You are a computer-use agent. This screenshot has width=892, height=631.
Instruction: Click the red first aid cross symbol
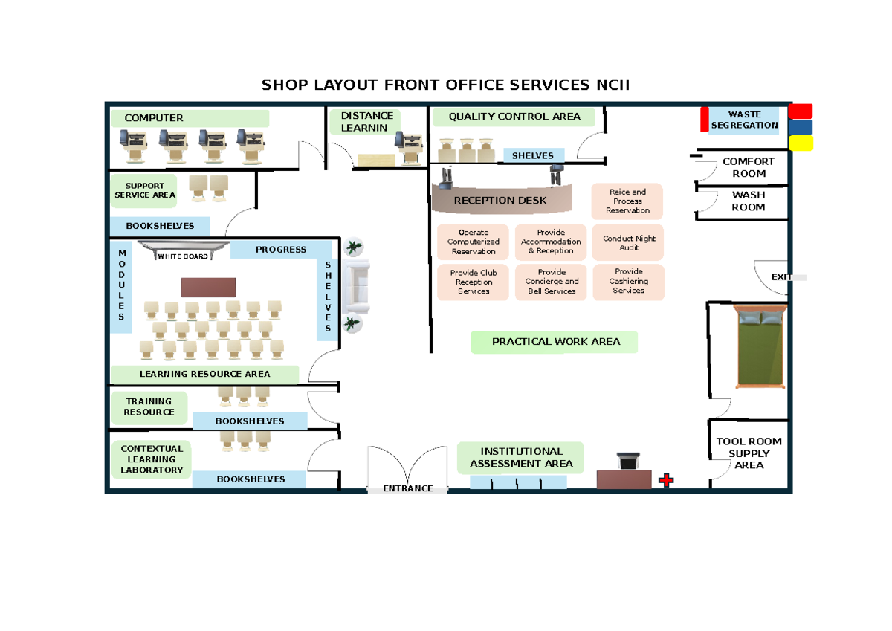[666, 481]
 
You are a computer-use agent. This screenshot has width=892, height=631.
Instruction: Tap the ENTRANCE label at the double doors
[407, 488]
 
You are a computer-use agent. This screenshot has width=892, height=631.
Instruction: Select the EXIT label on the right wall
[781, 277]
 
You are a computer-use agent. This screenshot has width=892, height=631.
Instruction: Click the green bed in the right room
[759, 346]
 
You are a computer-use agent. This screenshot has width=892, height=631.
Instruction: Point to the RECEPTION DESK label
[500, 200]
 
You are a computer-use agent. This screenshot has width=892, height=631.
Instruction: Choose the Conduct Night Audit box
[629, 243]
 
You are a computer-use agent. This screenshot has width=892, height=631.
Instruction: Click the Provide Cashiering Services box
[628, 281]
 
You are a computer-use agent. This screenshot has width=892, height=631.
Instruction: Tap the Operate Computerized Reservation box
[474, 242]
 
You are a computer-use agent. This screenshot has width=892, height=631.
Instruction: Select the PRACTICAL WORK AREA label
[555, 342]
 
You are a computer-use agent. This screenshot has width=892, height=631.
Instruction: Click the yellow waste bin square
[801, 143]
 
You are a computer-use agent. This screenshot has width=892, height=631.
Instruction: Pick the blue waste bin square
[801, 127]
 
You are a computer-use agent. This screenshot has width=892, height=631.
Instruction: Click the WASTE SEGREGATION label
[744, 120]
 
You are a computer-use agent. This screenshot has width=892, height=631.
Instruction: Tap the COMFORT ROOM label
[749, 167]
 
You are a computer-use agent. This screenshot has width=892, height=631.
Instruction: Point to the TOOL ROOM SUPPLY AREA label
[749, 453]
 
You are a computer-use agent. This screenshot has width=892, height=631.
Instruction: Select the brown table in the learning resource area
[208, 287]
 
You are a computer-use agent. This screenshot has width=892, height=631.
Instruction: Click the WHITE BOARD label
[182, 256]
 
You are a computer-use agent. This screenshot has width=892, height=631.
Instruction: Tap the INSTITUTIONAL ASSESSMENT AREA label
[521, 458]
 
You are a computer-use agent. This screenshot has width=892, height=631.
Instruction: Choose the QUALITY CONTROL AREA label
[514, 117]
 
